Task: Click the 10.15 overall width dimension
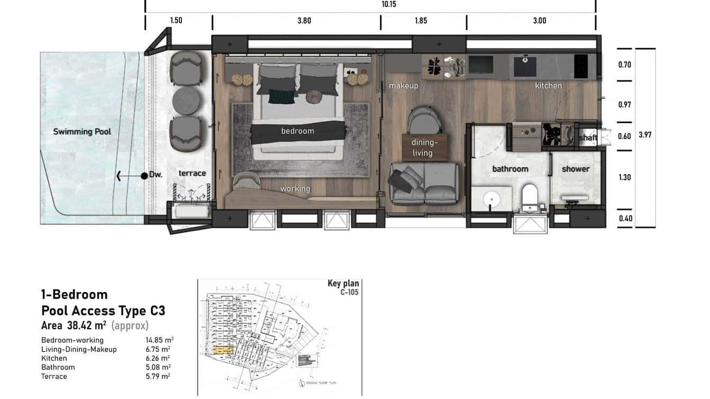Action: [x=389, y=4]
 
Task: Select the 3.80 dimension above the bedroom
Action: [x=304, y=21]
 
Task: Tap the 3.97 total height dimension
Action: [x=645, y=135]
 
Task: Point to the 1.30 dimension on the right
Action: [x=625, y=177]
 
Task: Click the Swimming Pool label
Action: [x=82, y=131]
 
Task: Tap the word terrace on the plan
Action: [x=192, y=173]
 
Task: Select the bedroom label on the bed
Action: [x=297, y=131]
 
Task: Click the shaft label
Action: [x=588, y=138]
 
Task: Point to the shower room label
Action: [x=575, y=169]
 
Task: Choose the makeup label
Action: [x=404, y=86]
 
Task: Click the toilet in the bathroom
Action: [x=530, y=197]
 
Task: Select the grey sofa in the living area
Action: [x=424, y=183]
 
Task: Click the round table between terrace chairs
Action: [x=186, y=100]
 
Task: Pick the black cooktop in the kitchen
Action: [x=581, y=66]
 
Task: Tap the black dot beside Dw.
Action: [x=144, y=176]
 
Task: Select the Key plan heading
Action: [x=343, y=283]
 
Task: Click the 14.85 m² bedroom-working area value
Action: [x=159, y=340]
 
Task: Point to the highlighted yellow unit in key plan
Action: [x=223, y=350]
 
